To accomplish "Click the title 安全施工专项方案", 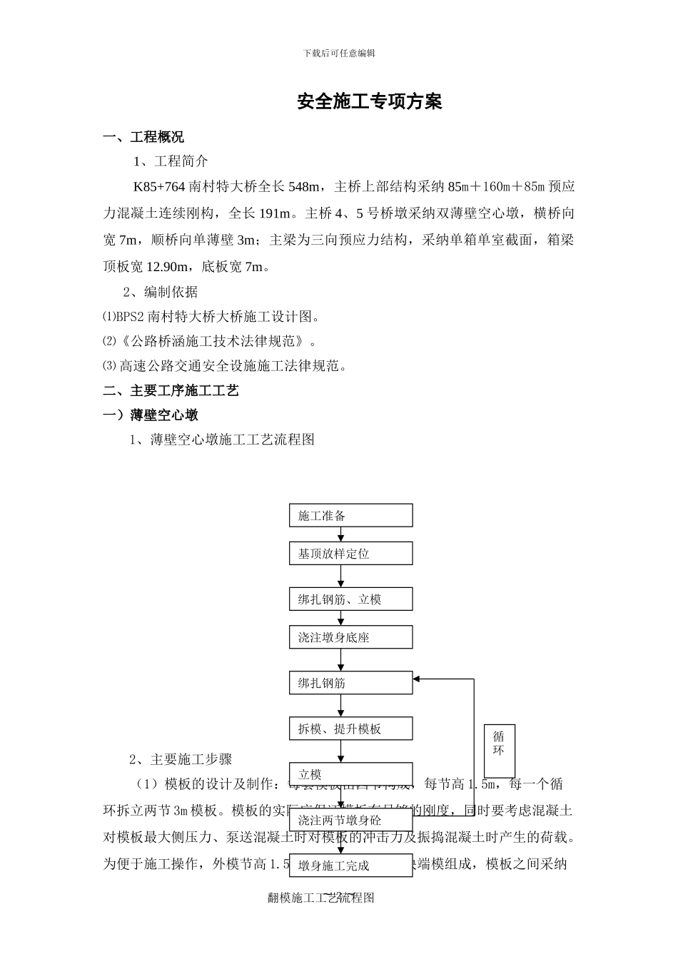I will point(370,102).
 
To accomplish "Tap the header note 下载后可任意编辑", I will point(339,53).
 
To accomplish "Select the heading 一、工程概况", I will point(143,137).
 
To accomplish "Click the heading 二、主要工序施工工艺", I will point(171,390).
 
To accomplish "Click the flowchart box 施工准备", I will point(350,516).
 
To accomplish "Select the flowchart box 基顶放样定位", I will point(350,554).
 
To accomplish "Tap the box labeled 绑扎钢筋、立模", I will point(350,599).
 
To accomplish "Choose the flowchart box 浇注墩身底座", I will point(350,637).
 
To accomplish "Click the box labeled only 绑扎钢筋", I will point(350,683).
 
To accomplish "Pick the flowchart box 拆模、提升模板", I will point(350,729).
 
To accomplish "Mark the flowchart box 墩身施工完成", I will point(350,866).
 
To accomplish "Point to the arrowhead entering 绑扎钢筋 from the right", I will point(418,679).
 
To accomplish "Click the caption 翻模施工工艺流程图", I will point(321,898).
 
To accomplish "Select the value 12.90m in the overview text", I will point(168,268).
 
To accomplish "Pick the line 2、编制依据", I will point(161,292).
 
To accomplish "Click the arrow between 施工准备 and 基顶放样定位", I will point(341,534).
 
